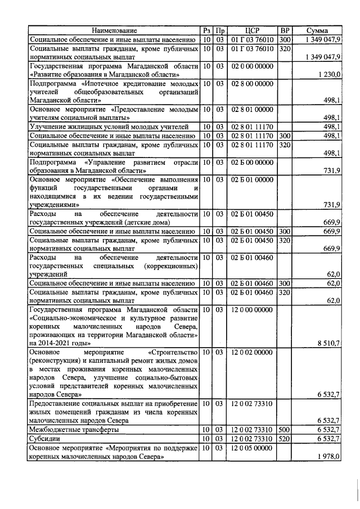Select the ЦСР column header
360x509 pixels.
[x=252, y=30]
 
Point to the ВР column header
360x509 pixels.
[x=285, y=30]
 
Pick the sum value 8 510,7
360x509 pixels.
[x=328, y=343]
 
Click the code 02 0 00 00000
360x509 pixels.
[x=252, y=66]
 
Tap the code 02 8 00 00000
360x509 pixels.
[x=252, y=83]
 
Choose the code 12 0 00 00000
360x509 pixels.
[x=252, y=309]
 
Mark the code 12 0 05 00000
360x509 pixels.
[x=252, y=448]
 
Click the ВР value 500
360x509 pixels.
[x=285, y=430]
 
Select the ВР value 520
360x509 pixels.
[x=285, y=439]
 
